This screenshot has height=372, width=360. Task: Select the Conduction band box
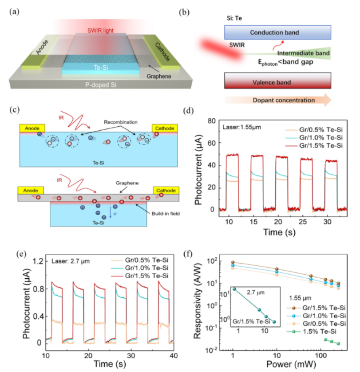pos(277,32)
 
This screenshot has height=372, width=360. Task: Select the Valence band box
pos(277,82)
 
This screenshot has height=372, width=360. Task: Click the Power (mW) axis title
pos(277,365)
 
